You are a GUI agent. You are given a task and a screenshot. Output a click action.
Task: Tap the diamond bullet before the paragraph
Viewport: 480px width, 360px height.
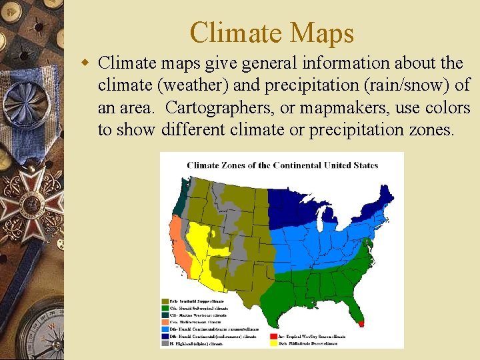[85, 63]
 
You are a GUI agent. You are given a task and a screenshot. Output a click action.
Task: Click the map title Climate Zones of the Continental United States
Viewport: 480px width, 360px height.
[282, 165]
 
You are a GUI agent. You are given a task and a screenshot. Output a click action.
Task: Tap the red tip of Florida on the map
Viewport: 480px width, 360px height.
[362, 323]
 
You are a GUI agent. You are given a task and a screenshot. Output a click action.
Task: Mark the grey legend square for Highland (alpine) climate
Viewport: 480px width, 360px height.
[165, 344]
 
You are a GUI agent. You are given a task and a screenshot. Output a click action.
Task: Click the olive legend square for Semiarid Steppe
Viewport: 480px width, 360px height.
[165, 301]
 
